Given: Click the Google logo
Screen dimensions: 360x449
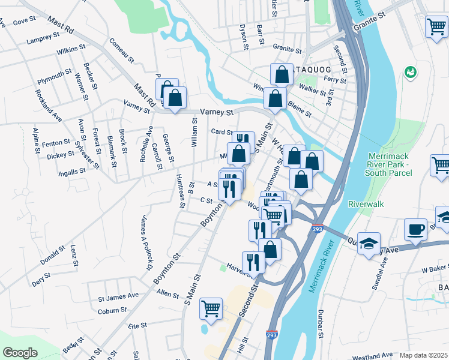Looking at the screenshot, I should point(20,353).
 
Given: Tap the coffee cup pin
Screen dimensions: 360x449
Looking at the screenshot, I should point(415,229).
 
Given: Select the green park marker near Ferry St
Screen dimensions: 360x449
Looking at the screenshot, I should point(411,72).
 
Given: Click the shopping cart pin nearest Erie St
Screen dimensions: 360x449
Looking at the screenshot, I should point(211,308).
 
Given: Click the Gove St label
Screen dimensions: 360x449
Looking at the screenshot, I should point(25,21).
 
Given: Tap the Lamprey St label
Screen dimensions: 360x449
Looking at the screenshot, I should point(43,39).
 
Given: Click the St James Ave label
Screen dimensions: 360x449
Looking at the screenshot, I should point(118,297).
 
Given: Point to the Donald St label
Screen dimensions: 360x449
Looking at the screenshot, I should point(52,255).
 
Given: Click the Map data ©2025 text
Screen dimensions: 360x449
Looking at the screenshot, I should point(423,355).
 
